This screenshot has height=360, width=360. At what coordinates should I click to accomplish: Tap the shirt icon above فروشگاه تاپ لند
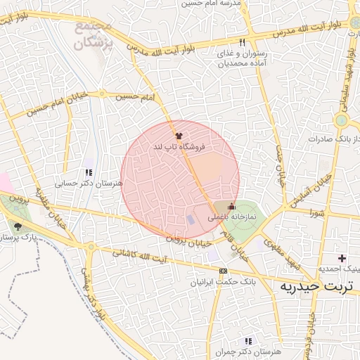[x=179, y=135]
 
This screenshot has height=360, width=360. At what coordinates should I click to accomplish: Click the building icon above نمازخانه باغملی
[x=232, y=205]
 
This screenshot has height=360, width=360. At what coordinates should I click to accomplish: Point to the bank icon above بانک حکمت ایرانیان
[x=223, y=271]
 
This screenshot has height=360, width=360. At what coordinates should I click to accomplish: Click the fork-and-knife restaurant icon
[x=243, y=42]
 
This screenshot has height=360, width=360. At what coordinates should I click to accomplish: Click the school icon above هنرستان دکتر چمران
[x=247, y=340]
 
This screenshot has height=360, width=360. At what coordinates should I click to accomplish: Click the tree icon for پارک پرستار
[x=18, y=226]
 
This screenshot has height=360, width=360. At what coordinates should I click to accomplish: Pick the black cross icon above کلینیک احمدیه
[x=342, y=259]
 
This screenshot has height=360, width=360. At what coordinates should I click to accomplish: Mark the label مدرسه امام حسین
[x=211, y=4]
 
